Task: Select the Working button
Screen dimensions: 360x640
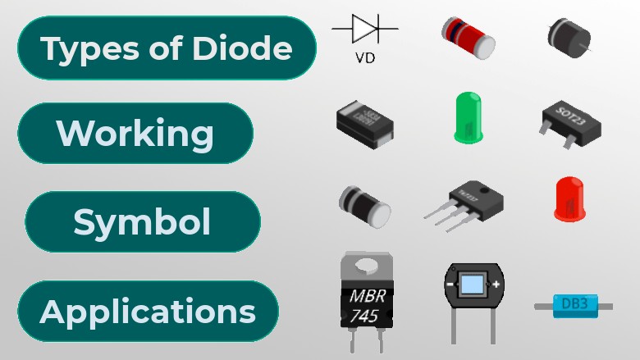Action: pyautogui.click(x=135, y=134)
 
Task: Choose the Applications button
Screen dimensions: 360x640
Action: pyautogui.click(x=148, y=312)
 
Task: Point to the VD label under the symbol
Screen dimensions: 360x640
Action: pyautogui.click(x=365, y=58)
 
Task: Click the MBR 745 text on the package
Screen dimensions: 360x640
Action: pyautogui.click(x=365, y=303)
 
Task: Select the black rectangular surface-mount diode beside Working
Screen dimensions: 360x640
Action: pyautogui.click(x=364, y=125)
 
